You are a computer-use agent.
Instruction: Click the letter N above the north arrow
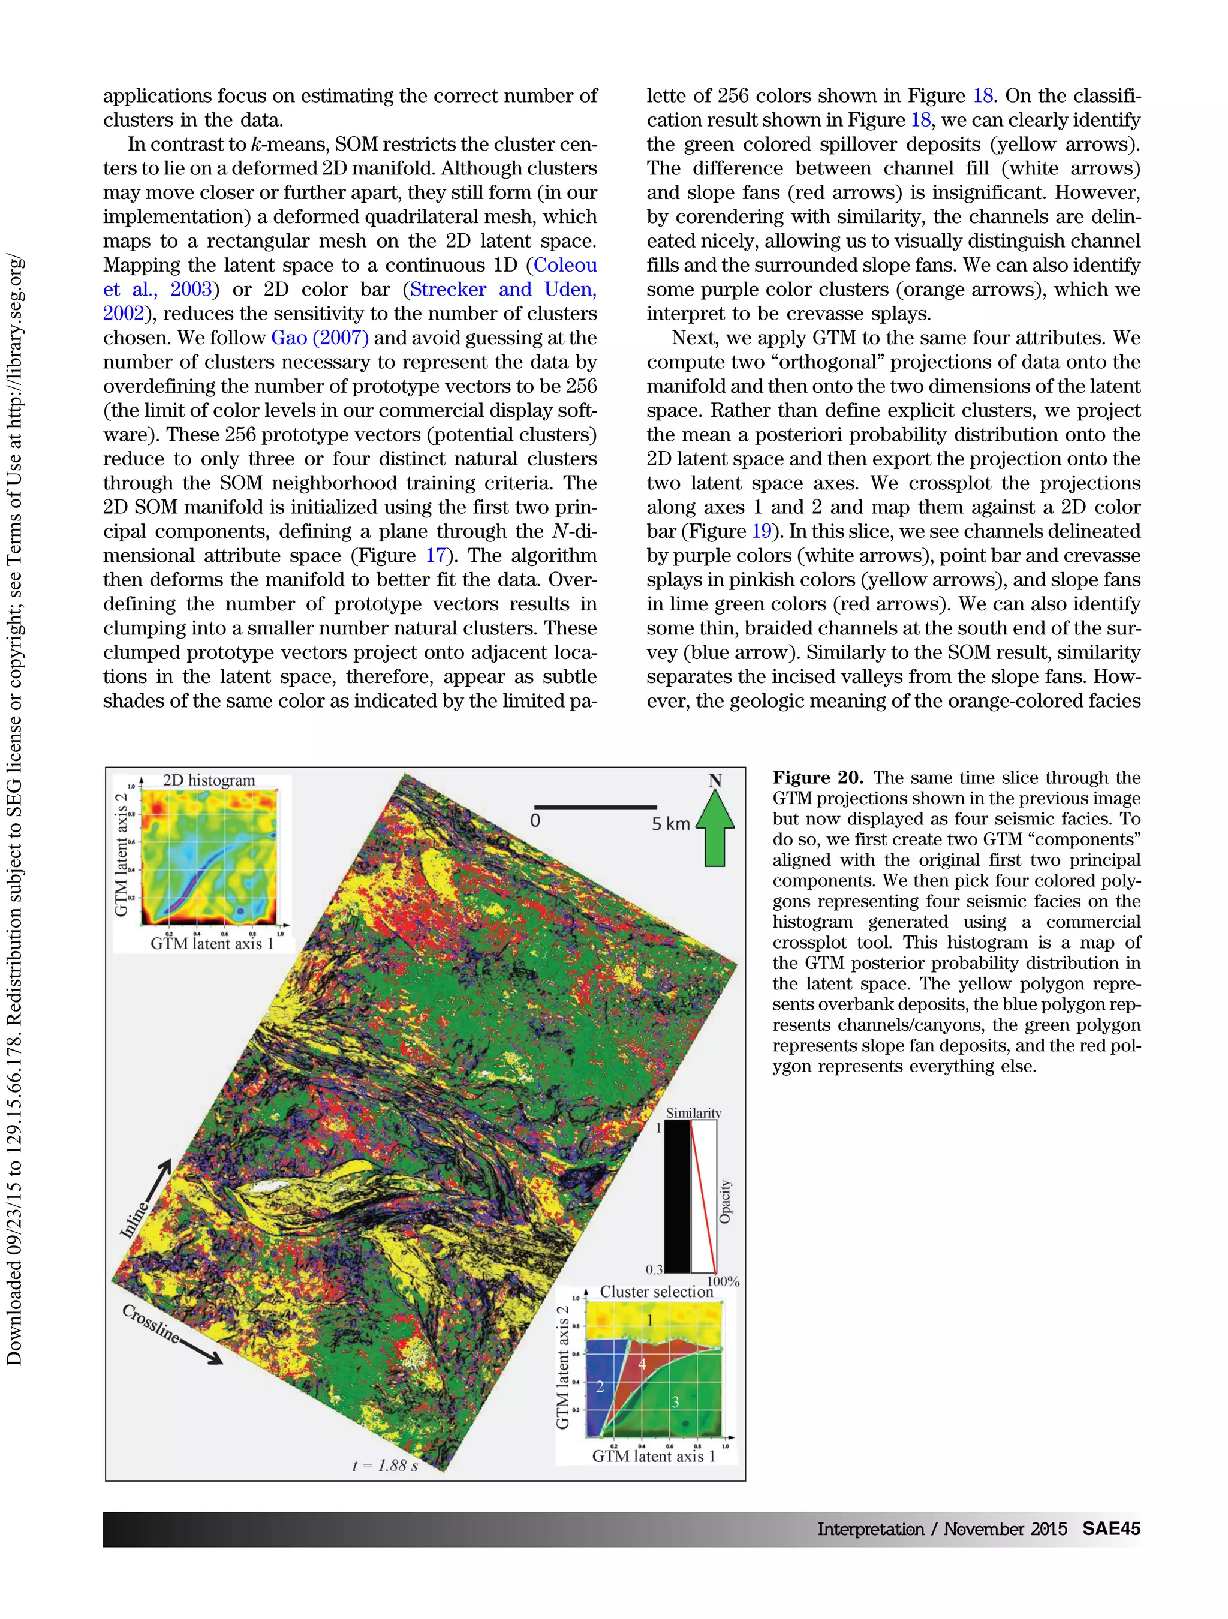(715, 781)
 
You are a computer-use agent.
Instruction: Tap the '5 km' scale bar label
(670, 824)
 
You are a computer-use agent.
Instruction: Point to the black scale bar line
(594, 807)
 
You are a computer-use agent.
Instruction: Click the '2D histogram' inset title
(209, 780)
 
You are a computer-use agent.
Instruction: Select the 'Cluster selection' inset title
(656, 1292)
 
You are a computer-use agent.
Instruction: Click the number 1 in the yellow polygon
(649, 1320)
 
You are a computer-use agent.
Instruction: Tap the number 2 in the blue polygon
(600, 1386)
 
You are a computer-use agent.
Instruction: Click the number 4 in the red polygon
(641, 1364)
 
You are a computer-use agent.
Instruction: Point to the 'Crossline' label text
(149, 1324)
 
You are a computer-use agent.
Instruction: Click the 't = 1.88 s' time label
(385, 1466)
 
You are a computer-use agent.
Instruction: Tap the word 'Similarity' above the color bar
(693, 1114)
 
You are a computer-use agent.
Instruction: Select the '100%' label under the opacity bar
(723, 1281)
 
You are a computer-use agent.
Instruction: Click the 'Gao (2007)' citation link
(319, 338)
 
